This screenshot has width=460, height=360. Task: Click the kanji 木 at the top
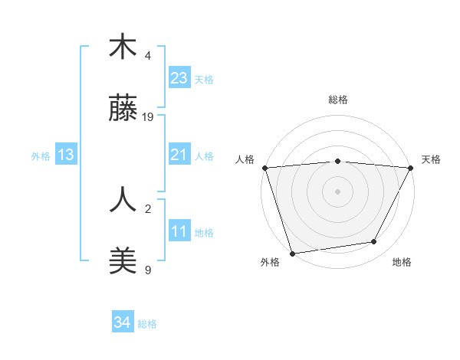pyautogui.click(x=123, y=47)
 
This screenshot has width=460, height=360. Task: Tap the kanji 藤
pyautogui.click(x=123, y=109)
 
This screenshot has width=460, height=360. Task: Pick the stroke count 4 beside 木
pyautogui.click(x=148, y=56)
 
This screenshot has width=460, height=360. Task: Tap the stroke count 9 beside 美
pyautogui.click(x=148, y=270)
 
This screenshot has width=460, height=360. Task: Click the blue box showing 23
pyautogui.click(x=179, y=78)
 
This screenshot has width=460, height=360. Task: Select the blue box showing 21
pyautogui.click(x=179, y=155)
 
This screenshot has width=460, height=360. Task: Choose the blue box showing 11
pyautogui.click(x=179, y=231)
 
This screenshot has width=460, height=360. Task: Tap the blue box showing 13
pyautogui.click(x=66, y=155)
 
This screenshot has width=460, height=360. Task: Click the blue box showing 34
pyautogui.click(x=122, y=322)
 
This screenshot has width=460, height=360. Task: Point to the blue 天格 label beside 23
pyautogui.click(x=204, y=79)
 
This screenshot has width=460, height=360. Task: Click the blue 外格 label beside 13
pyautogui.click(x=41, y=155)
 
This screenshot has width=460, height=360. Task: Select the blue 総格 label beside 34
pyautogui.click(x=147, y=324)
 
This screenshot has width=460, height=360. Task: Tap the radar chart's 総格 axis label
pyautogui.click(x=338, y=100)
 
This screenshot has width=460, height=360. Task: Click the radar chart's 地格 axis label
pyautogui.click(x=402, y=263)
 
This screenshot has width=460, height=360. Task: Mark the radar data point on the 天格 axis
pyautogui.click(x=411, y=168)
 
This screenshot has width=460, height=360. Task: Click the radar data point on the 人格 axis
pyautogui.click(x=265, y=168)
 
